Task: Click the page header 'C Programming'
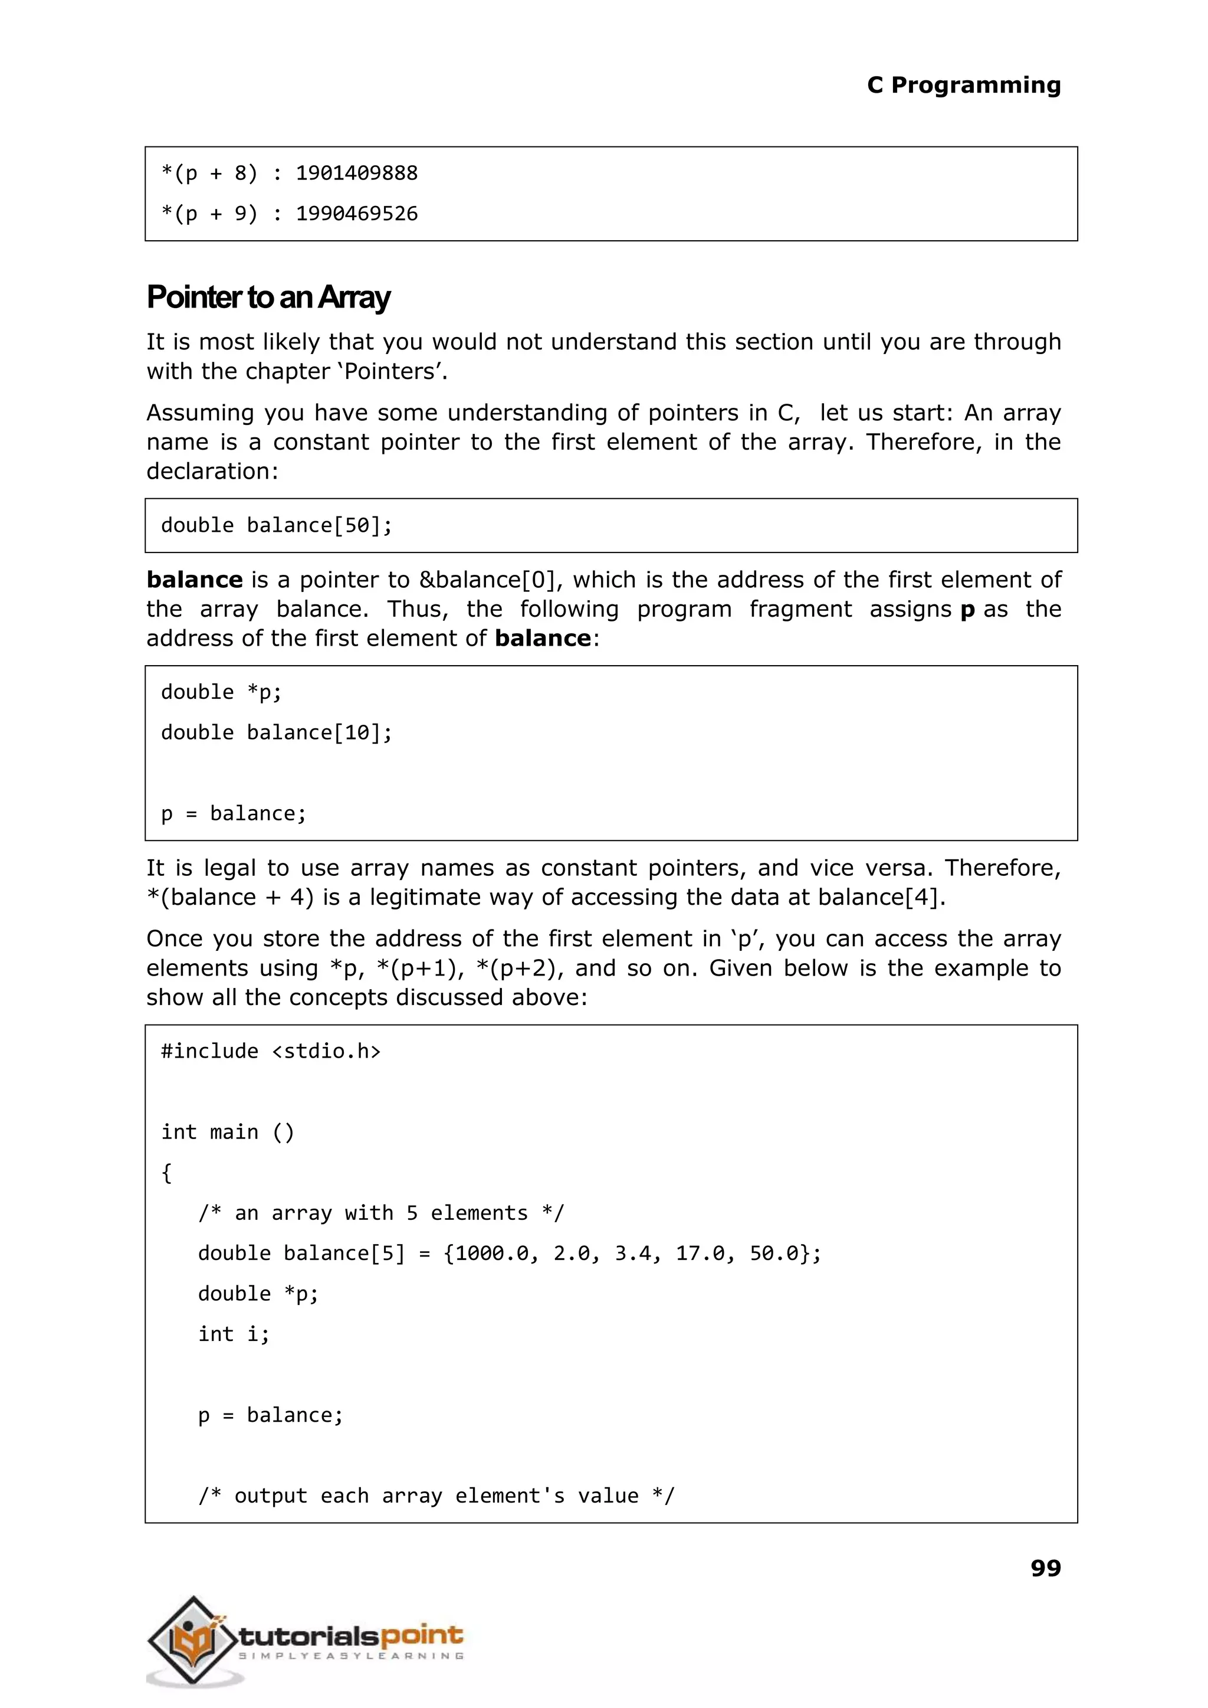tap(963, 86)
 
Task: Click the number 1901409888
tap(356, 174)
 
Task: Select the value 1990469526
tap(356, 214)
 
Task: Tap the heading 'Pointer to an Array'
tap(268, 297)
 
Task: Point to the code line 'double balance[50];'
tap(276, 525)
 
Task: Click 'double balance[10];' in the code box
tap(276, 733)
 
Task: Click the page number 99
tap(1045, 1568)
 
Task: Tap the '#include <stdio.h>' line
tap(271, 1052)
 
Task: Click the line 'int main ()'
tap(228, 1132)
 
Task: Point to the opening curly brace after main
tap(166, 1173)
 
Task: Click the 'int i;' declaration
tap(234, 1334)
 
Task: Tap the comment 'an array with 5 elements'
tap(381, 1213)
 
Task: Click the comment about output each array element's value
tap(436, 1496)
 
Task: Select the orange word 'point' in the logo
tap(421, 1635)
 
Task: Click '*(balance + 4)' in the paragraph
tap(231, 898)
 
